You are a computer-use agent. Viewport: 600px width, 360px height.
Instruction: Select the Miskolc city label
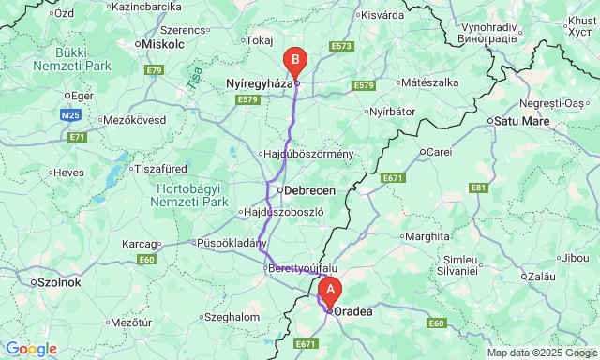click(x=163, y=44)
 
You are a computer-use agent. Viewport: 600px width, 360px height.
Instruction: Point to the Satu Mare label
click(x=518, y=120)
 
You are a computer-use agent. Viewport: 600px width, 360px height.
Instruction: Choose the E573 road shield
click(x=341, y=46)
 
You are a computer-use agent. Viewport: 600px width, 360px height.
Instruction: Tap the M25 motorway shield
click(x=68, y=114)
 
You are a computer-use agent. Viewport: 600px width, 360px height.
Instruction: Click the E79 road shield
click(x=155, y=70)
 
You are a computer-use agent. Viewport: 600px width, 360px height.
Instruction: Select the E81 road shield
click(x=479, y=187)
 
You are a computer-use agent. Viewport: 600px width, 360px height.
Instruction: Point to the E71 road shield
click(x=76, y=137)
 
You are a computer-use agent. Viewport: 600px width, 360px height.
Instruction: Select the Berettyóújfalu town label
click(x=302, y=268)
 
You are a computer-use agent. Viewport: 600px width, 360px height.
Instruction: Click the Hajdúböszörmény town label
click(x=306, y=154)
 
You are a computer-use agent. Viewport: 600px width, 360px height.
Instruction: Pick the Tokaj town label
click(x=258, y=40)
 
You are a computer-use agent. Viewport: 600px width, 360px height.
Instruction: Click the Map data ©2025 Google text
click(x=541, y=352)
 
